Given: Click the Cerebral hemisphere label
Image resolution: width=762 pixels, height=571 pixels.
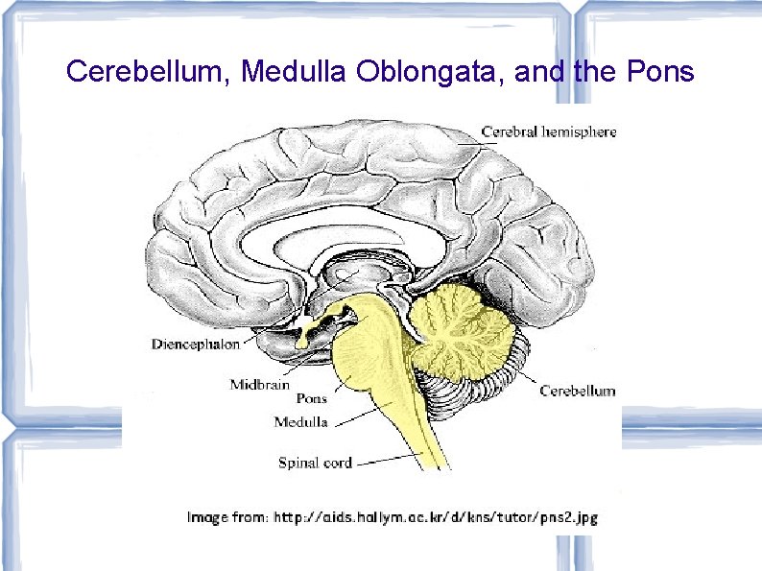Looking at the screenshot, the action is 548,131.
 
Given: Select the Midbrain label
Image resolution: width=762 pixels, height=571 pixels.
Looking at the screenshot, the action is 259,385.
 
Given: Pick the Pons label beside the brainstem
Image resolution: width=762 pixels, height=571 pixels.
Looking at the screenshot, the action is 311,398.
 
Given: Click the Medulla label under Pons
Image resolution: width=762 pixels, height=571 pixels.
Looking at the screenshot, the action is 300,421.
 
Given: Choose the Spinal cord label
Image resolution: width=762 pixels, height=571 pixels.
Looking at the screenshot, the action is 315,463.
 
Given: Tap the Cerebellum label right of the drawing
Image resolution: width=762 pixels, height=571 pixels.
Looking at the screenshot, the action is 577,391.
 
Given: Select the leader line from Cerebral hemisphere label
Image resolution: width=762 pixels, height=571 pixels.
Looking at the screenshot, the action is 469,140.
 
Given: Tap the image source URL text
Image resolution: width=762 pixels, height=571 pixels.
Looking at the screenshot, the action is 436,517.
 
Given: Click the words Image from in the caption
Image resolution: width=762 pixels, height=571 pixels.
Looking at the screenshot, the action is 227,517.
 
